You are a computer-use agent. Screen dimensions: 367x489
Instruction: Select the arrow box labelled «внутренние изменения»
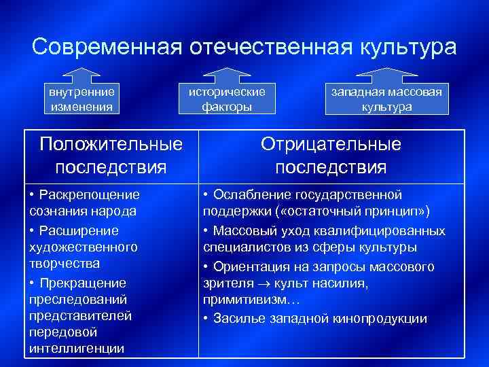coord(81,99)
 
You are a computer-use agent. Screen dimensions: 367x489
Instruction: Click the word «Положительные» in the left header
coord(111,144)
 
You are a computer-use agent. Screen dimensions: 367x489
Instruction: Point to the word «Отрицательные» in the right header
coord(331,144)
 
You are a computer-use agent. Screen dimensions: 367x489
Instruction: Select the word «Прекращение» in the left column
coord(82,283)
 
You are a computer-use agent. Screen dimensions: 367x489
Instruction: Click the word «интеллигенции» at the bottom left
coord(76,349)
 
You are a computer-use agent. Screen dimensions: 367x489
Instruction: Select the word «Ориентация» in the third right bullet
coord(251,266)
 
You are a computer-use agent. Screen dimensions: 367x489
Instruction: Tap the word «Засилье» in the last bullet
coord(238,318)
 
